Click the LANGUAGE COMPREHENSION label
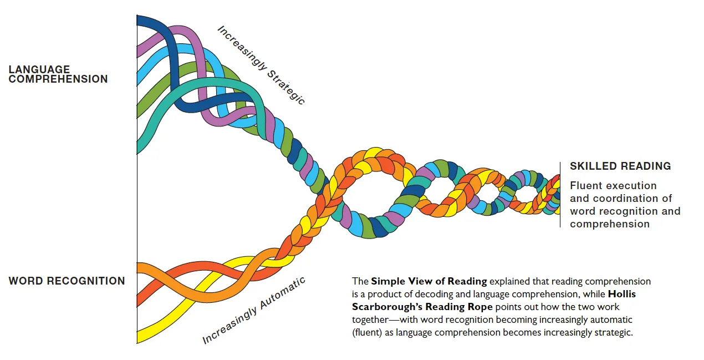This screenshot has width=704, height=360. [58, 74]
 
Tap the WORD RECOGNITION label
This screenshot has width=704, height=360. [67, 281]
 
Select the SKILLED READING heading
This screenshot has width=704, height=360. [620, 166]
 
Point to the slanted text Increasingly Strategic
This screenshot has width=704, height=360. [261, 65]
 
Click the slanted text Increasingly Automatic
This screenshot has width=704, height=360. [253, 311]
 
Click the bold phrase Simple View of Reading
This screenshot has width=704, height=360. [428, 281]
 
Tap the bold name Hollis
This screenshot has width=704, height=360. [621, 294]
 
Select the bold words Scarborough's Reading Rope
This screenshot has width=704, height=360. [422, 307]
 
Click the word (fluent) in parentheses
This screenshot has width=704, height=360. [367, 333]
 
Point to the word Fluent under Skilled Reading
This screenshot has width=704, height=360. [585, 185]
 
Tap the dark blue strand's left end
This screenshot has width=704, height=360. [137, 21]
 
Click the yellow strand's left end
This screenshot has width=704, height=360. [137, 337]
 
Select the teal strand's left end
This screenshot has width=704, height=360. [137, 148]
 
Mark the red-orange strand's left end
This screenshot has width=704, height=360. [137, 300]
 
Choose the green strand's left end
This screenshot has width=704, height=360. [137, 112]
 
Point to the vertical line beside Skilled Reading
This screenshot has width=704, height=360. [560, 195]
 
